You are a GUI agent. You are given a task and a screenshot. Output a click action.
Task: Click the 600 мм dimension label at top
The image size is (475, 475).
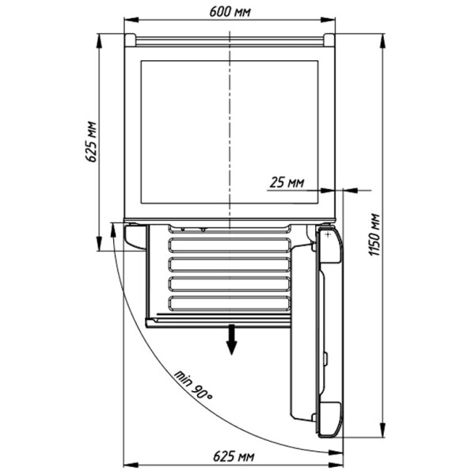pyautogui.click(x=230, y=12)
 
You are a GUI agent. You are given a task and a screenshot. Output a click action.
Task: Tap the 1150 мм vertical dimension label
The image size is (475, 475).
pyautogui.click(x=374, y=235)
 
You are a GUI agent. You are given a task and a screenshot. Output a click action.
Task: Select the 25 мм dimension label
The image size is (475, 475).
pyautogui.click(x=287, y=182)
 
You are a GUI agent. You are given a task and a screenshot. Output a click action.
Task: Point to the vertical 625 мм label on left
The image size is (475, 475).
pyautogui.click(x=91, y=142)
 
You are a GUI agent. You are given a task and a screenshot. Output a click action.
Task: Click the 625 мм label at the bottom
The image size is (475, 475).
pyautogui.click(x=234, y=456)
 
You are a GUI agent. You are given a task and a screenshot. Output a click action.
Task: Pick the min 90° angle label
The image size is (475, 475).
pyautogui.click(x=193, y=385)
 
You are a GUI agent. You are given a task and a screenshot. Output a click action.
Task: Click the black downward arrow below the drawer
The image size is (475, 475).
pyautogui.click(x=232, y=340)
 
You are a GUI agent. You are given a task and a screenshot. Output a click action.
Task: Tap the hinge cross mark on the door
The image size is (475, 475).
pyautogui.click(x=328, y=235)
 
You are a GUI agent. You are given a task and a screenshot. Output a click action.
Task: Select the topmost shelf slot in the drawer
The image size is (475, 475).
pyautogui.click(x=230, y=245)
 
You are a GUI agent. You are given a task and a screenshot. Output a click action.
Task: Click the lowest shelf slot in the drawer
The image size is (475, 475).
pyautogui.click(x=230, y=303)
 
